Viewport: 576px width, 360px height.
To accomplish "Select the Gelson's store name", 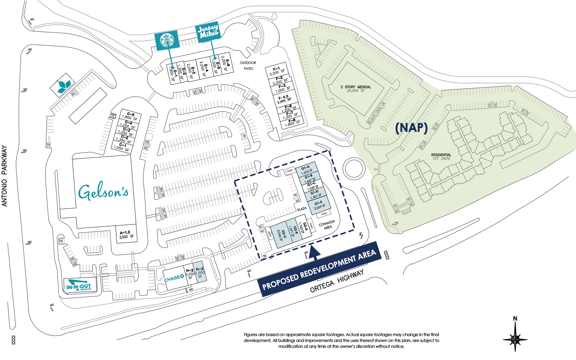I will click(103, 192).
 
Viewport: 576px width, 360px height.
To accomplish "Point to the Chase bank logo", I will click(174, 278).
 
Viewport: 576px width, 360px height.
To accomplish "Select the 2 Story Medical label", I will click(356, 89).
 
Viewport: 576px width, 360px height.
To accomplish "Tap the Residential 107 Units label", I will click(441, 157).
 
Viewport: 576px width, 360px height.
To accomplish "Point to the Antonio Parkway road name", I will click(4, 176).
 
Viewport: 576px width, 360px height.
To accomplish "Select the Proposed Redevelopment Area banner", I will click(319, 270).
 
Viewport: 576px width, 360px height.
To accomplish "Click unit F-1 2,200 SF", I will click(277, 71).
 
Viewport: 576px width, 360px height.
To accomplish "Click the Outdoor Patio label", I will click(248, 65).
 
